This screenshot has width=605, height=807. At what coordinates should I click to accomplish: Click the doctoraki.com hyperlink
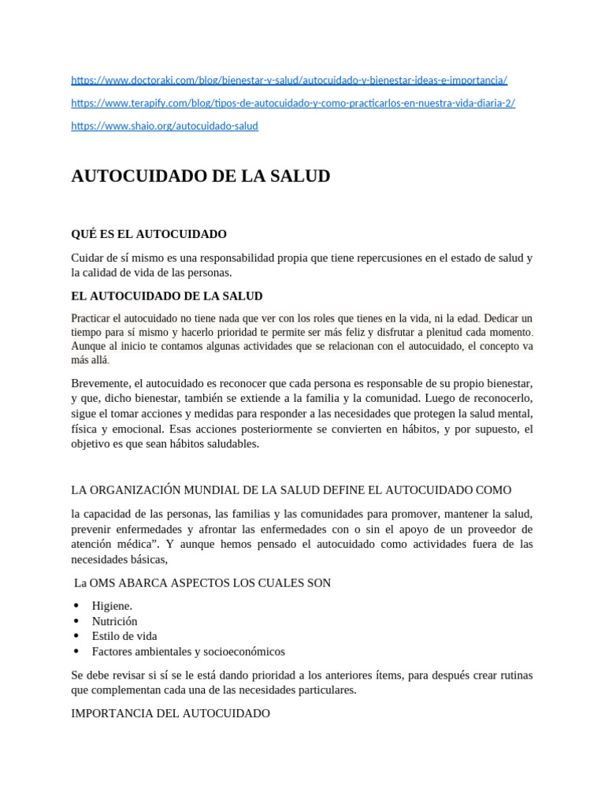(x=289, y=80)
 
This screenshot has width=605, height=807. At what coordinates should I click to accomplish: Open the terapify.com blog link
(x=293, y=103)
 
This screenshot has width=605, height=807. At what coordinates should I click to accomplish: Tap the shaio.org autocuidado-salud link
(x=165, y=126)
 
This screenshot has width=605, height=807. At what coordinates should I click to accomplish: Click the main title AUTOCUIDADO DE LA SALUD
(x=200, y=177)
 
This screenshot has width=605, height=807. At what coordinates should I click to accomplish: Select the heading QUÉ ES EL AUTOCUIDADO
(x=149, y=234)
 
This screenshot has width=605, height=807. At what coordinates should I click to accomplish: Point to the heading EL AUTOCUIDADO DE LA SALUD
(x=167, y=296)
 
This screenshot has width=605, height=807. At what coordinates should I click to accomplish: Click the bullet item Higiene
(x=112, y=606)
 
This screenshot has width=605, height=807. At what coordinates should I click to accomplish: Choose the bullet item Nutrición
(x=114, y=621)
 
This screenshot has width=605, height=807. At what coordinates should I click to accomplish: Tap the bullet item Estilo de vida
(x=124, y=636)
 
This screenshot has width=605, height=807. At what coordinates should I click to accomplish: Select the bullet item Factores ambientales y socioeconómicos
(x=188, y=652)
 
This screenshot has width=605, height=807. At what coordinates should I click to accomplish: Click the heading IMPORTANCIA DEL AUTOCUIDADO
(x=170, y=713)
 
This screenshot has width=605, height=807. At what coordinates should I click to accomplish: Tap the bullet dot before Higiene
(x=76, y=606)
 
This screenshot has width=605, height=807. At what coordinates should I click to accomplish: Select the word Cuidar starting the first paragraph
(x=87, y=258)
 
